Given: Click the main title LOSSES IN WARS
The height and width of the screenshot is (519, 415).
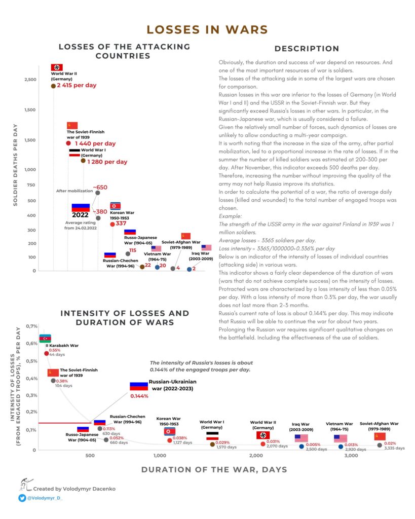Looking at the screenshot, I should pyautogui.click(x=207, y=29).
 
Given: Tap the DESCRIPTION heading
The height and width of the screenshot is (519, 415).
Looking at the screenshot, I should pyautogui.click(x=307, y=49).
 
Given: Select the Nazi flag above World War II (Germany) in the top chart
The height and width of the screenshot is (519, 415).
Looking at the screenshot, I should pyautogui.click(x=57, y=67).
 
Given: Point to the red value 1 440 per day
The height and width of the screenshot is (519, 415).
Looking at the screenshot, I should pyautogui.click(x=93, y=144).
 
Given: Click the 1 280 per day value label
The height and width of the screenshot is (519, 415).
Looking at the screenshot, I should pyautogui.click(x=107, y=162).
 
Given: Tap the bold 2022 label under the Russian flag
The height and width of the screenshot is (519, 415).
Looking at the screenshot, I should pyautogui.click(x=80, y=214).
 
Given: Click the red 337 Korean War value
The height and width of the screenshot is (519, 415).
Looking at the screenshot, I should pyautogui.click(x=121, y=224).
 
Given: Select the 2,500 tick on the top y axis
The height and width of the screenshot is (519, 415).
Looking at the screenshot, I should pyautogui.click(x=30, y=80).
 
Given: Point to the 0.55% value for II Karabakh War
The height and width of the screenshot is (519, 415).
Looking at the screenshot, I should pyautogui.click(x=55, y=350).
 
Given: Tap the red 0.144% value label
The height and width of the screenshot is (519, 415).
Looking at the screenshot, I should pyautogui.click(x=139, y=396).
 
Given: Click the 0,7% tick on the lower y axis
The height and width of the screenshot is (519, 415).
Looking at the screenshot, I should pyautogui.click(x=31, y=326).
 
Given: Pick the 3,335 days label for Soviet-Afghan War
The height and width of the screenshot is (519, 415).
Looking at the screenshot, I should pyautogui.click(x=394, y=448).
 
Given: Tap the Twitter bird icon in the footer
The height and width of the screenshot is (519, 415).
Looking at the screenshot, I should pyautogui.click(x=22, y=498).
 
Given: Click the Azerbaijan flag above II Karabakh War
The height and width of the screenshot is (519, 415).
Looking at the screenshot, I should pyautogui.click(x=45, y=338).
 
